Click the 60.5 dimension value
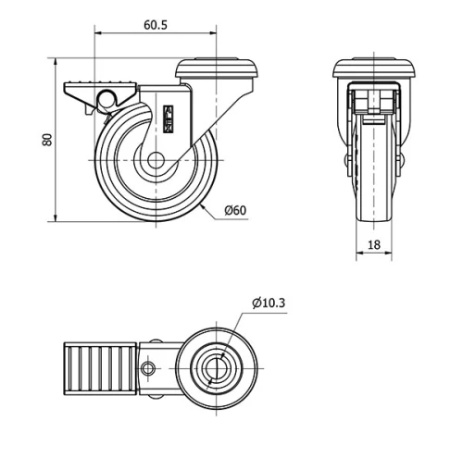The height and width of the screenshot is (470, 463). (156, 26)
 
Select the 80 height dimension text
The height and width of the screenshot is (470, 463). (44, 139)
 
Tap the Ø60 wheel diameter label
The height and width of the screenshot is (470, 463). (235, 210)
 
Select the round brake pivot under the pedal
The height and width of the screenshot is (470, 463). (107, 99)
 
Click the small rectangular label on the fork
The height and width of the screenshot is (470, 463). (168, 118)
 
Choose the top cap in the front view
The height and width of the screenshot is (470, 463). (373, 69)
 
